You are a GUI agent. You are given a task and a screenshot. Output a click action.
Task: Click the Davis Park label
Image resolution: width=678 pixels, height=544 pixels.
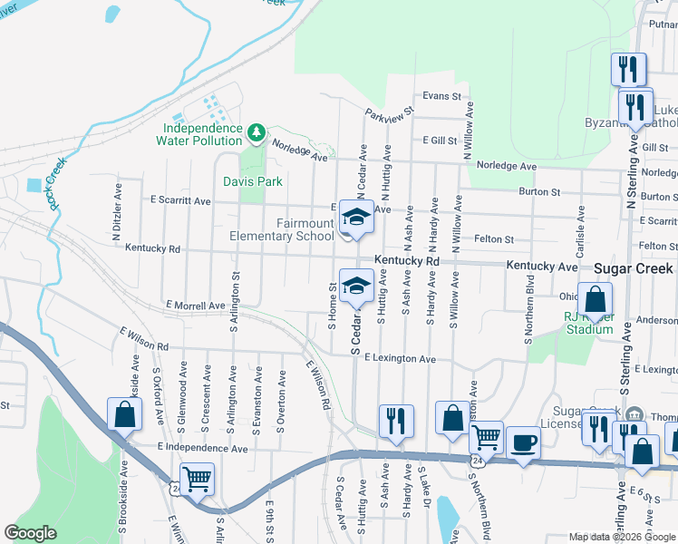(254, 181)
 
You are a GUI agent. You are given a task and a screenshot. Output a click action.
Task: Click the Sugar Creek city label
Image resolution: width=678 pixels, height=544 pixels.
(634, 268)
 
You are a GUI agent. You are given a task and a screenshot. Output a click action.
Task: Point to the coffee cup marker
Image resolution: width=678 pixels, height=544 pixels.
(523, 443)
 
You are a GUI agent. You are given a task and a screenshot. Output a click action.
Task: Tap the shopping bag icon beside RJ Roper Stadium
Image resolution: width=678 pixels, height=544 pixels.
(596, 299)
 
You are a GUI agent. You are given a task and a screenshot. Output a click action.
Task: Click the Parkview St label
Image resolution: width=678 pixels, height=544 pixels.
(389, 114)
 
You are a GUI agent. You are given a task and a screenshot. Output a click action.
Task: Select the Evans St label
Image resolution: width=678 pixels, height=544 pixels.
(442, 95)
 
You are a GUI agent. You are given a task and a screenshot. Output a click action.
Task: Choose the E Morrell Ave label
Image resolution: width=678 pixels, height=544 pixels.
(195, 306)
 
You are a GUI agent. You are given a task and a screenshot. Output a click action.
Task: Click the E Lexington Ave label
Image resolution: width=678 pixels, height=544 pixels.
(400, 359)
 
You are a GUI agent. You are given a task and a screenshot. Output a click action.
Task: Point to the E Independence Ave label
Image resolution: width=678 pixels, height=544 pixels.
(201, 448)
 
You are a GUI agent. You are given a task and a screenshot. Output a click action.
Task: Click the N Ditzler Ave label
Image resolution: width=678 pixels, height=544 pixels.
(118, 216)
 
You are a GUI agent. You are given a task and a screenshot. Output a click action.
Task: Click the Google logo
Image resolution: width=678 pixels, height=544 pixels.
(31, 534)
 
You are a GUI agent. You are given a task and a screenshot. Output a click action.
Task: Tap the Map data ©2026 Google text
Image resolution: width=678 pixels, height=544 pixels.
(622, 537)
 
